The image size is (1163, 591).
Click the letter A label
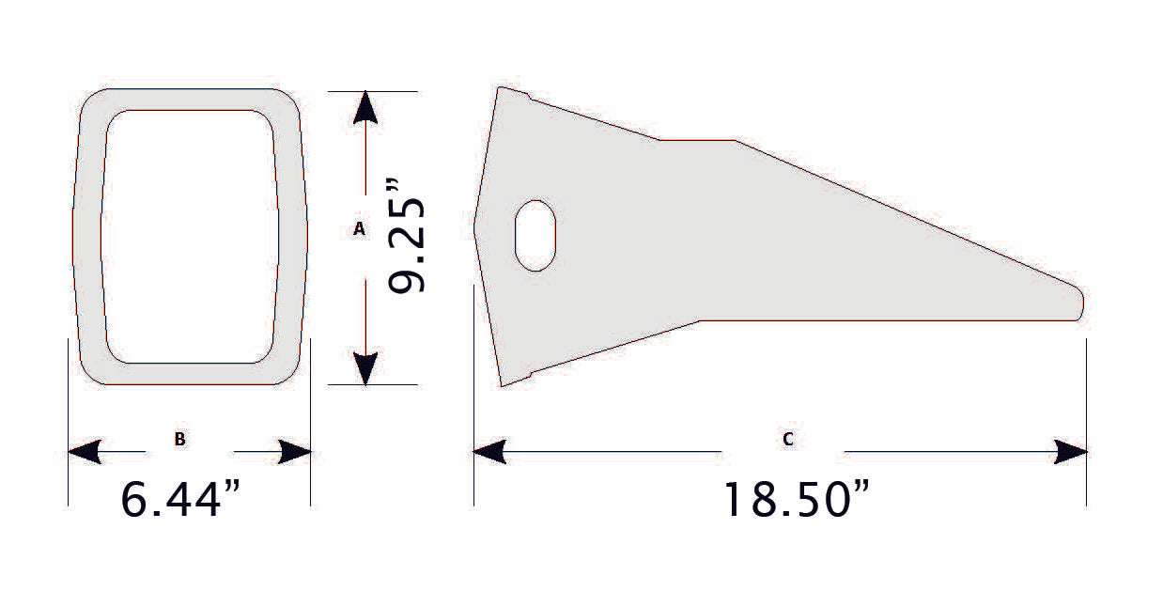(358, 228)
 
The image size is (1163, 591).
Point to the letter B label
(178, 438)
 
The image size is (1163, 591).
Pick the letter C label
(787, 438)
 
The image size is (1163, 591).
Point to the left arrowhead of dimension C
(489, 452)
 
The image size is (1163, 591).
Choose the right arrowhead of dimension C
(1071, 452)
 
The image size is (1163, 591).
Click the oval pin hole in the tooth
(535, 235)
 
